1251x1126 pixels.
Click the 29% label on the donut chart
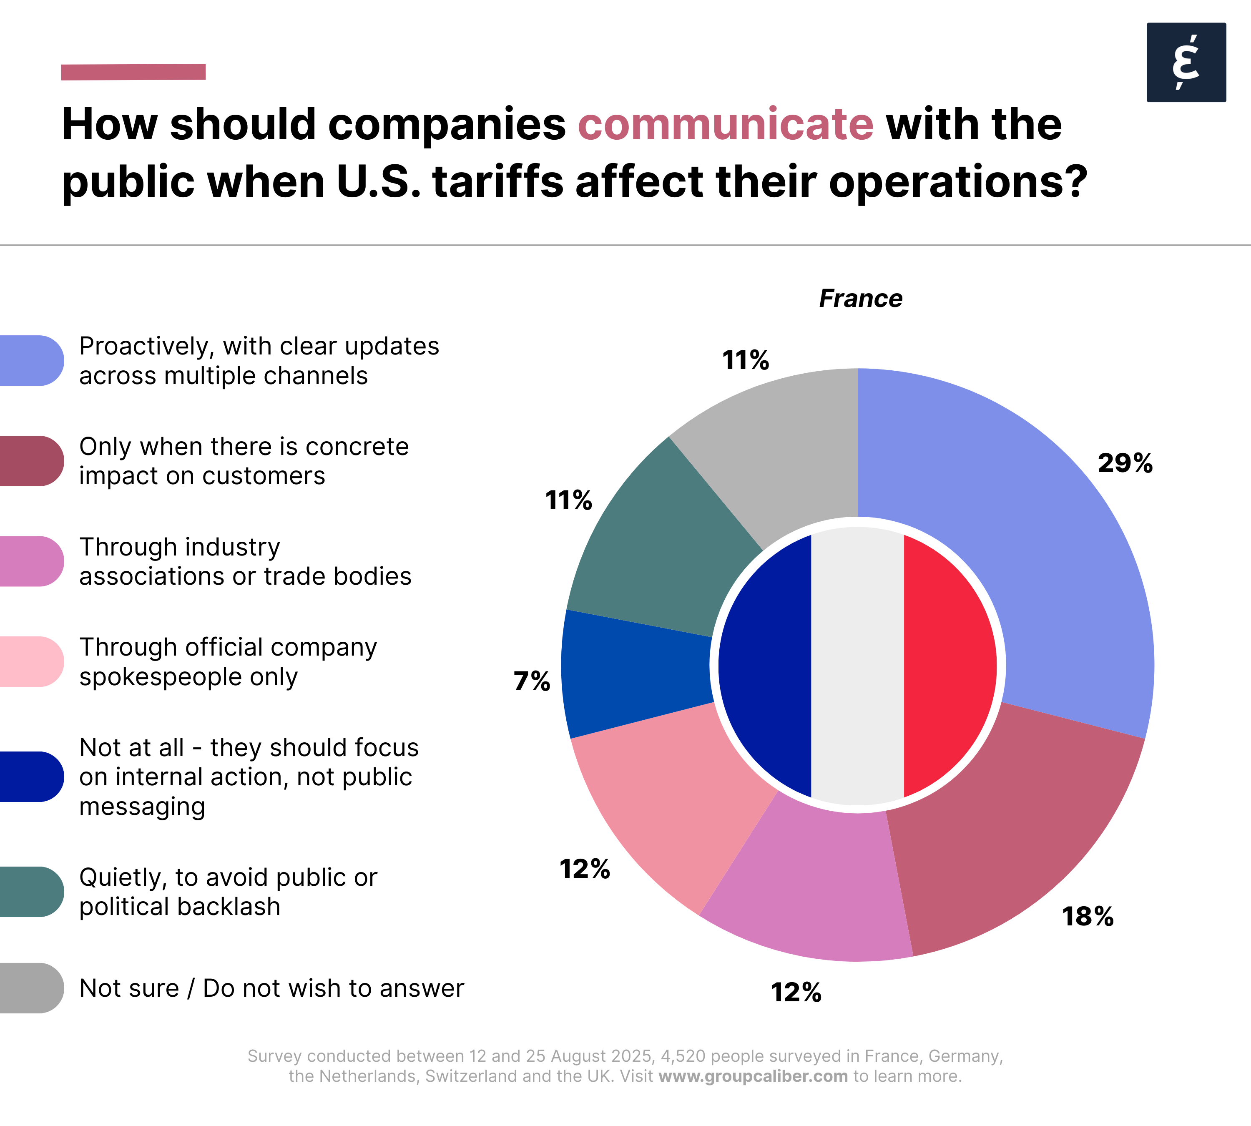tap(1125, 463)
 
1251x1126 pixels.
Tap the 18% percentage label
tap(1087, 916)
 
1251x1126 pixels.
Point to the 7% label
tap(531, 681)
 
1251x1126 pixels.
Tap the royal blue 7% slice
tap(637, 671)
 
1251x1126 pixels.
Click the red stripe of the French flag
tap(947, 666)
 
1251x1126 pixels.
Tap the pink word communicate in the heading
tap(725, 124)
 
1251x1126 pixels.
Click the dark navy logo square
tap(1186, 63)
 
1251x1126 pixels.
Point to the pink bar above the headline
tap(133, 72)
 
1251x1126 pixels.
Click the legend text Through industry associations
tap(245, 561)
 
